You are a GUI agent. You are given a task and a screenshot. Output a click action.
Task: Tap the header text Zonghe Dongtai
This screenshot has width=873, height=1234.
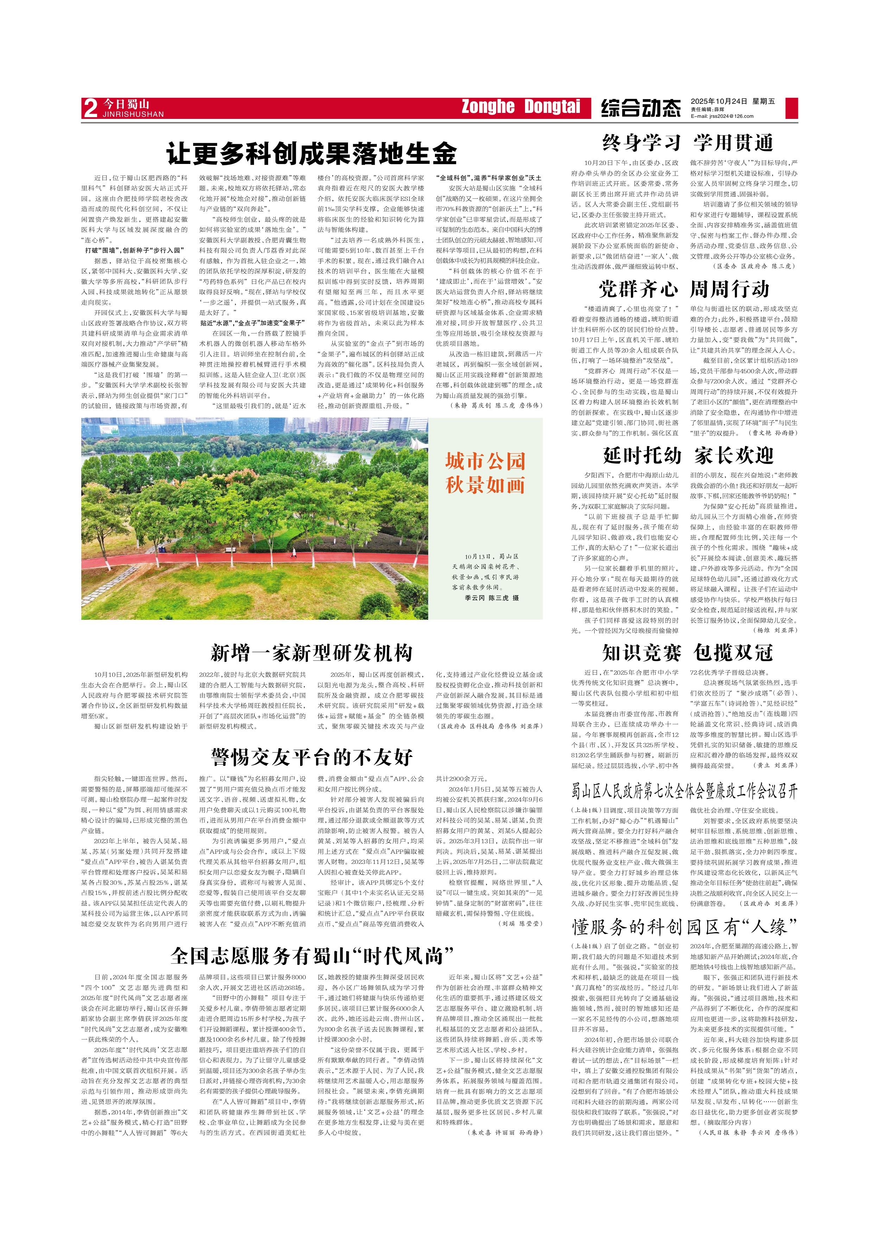click(520, 107)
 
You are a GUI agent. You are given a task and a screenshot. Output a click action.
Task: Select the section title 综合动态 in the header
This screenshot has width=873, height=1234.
click(641, 108)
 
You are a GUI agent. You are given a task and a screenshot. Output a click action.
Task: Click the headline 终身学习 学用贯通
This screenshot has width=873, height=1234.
click(688, 143)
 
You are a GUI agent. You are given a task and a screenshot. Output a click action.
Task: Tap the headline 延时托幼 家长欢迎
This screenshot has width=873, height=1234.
click(688, 455)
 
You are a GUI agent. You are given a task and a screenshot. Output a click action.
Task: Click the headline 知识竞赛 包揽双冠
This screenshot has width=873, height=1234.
click(687, 653)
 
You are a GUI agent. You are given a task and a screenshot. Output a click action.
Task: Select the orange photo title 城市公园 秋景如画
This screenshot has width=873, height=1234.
click(485, 473)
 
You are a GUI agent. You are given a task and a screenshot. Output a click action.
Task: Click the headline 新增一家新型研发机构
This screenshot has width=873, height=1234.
click(311, 653)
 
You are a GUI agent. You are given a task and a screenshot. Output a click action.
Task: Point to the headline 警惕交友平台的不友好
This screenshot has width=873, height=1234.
click(312, 757)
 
